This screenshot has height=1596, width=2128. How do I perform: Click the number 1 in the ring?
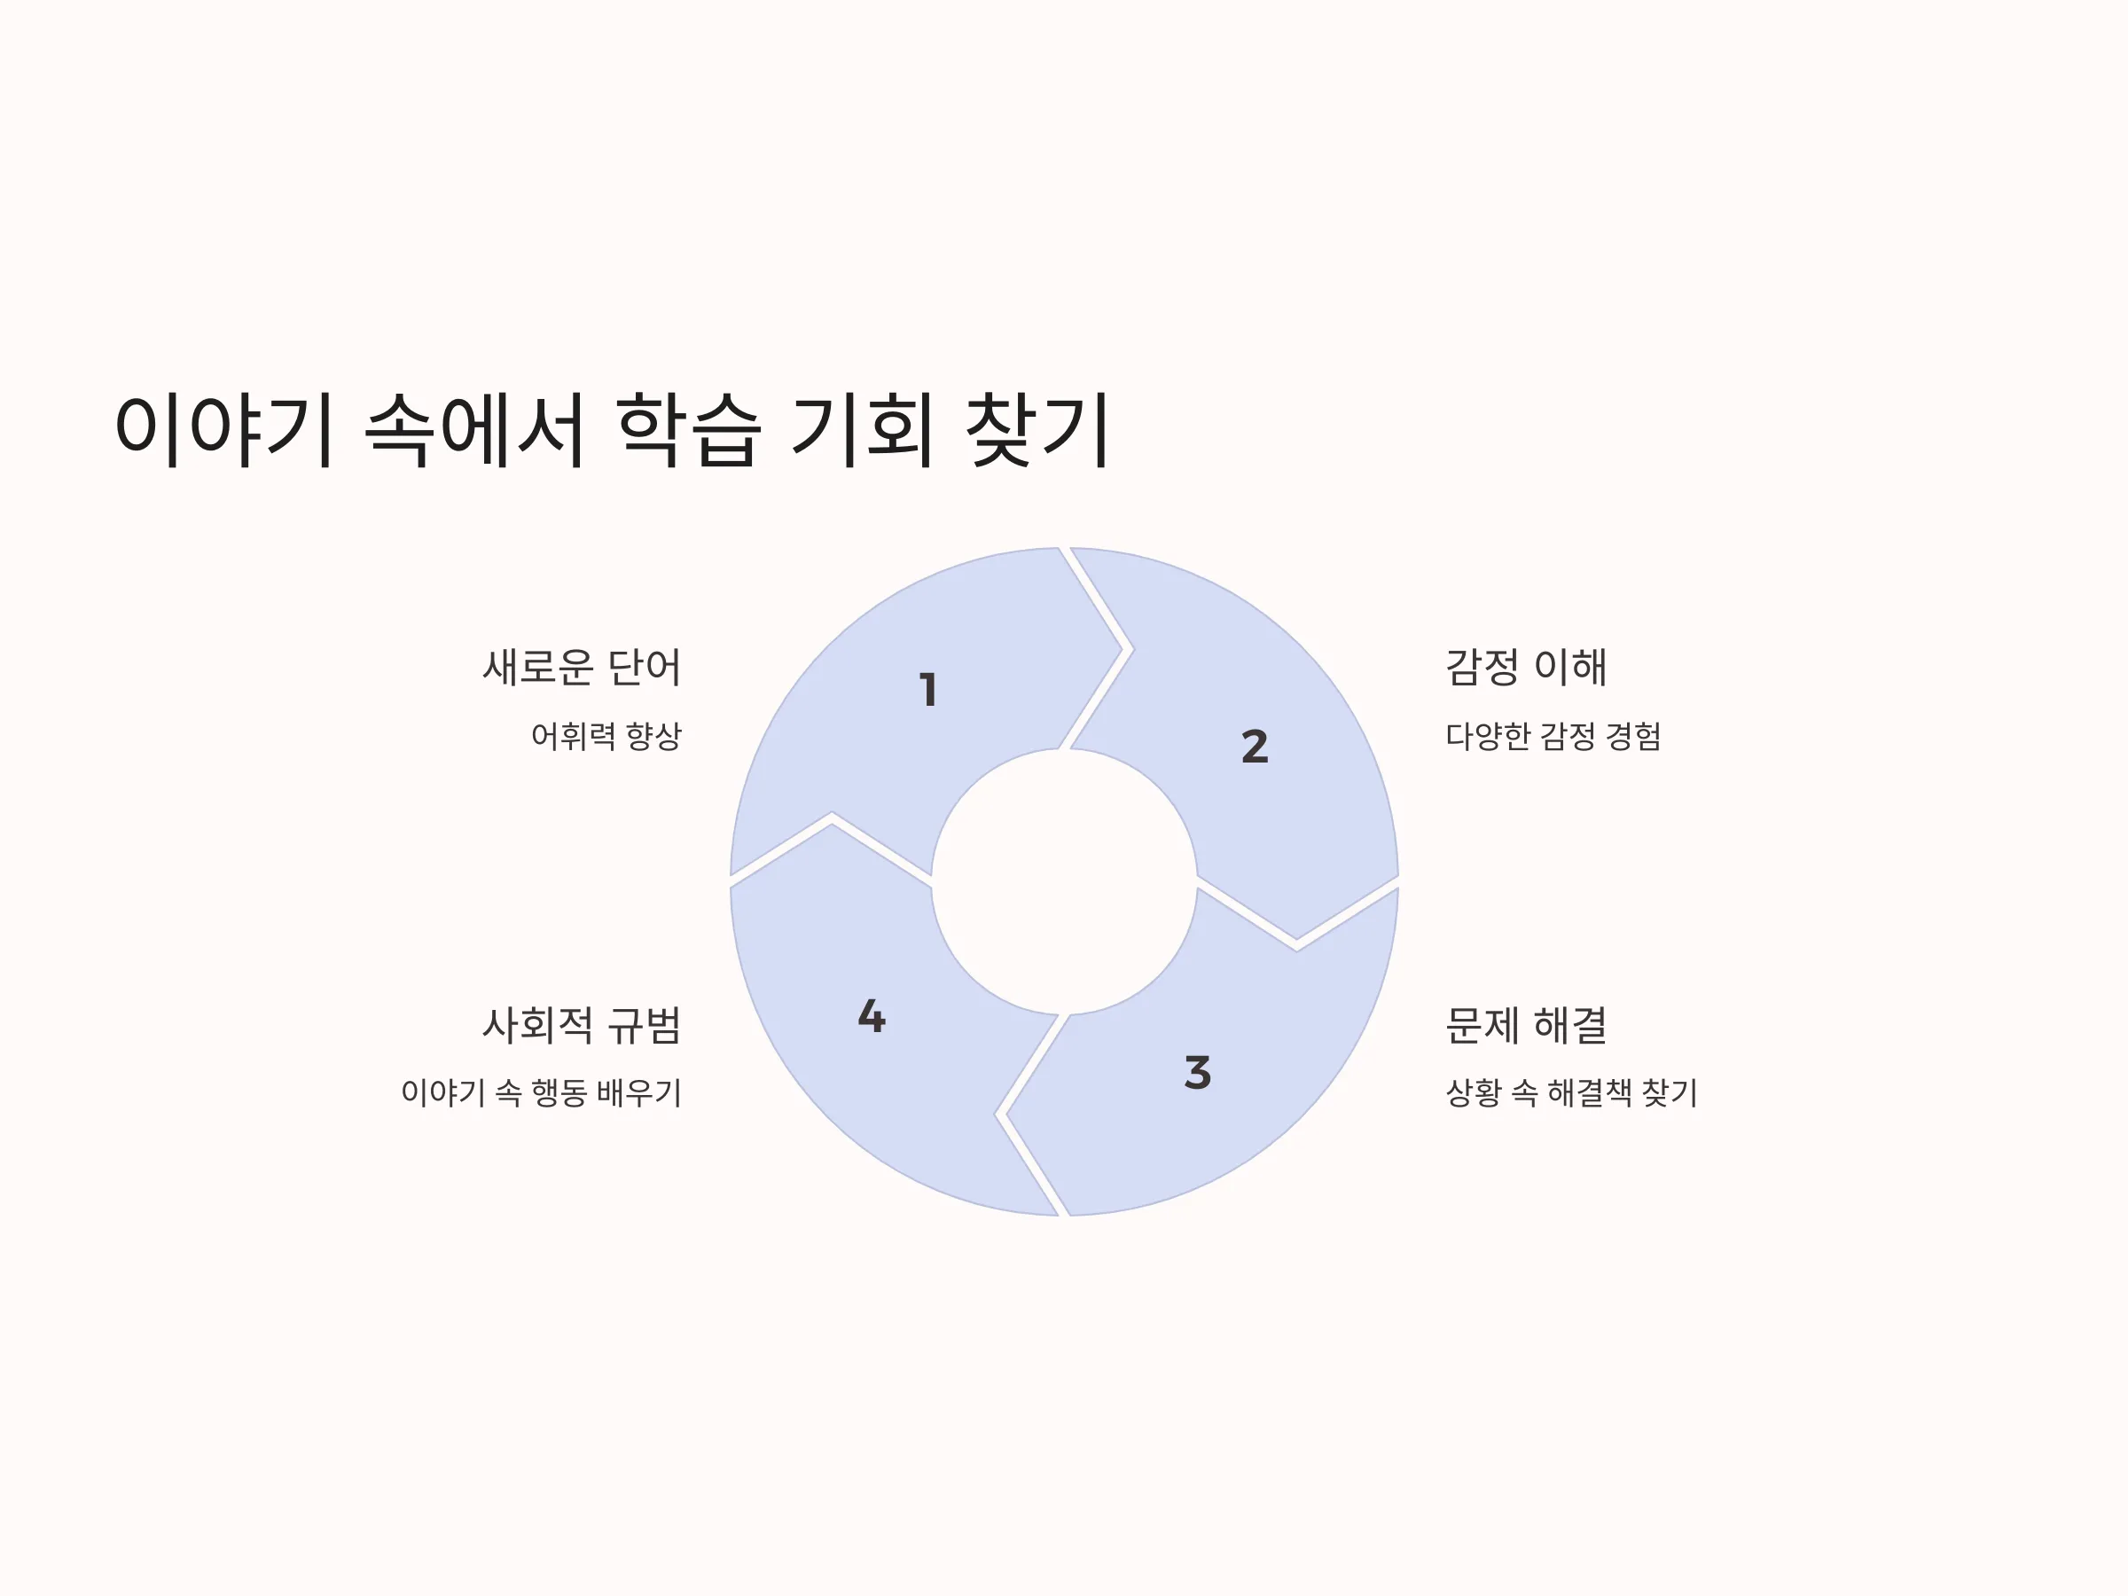click(x=928, y=690)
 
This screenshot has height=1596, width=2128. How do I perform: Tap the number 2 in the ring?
click(x=1255, y=747)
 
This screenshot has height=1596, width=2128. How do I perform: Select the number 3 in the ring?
click(x=1198, y=1073)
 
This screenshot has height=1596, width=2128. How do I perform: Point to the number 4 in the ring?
click(x=872, y=1016)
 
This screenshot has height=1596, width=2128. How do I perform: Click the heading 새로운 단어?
click(x=581, y=667)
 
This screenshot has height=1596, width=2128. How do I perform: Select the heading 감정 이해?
click(x=1526, y=667)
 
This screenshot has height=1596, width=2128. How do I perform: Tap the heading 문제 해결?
click(x=1526, y=1025)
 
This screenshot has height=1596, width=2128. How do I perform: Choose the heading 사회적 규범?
click(x=581, y=1025)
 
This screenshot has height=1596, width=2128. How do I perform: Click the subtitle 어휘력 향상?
click(x=606, y=736)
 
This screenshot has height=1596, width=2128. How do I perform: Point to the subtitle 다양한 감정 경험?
click(x=1553, y=736)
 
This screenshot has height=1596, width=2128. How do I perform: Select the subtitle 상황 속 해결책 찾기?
click(x=1572, y=1091)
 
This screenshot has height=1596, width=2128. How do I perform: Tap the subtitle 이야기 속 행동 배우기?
click(x=542, y=1091)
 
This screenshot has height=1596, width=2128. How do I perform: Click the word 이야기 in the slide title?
click(x=224, y=429)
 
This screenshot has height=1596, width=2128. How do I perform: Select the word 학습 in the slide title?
click(x=689, y=429)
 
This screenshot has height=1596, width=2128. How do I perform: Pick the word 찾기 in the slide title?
click(x=1037, y=429)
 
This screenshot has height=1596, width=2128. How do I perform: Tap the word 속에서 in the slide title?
click(x=475, y=429)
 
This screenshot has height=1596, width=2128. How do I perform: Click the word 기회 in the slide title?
click(x=863, y=429)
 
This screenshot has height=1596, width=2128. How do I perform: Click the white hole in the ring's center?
click(x=1064, y=881)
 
